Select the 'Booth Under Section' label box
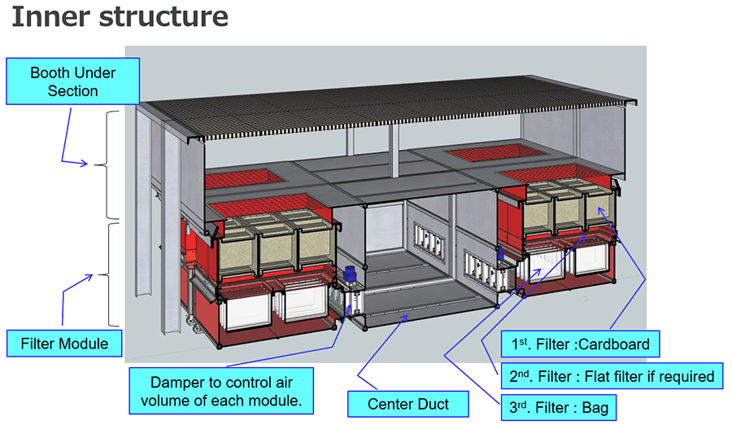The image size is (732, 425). [72, 81]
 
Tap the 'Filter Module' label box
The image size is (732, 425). [65, 344]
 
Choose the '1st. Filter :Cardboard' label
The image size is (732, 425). [579, 344]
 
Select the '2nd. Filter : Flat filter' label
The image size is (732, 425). [605, 376]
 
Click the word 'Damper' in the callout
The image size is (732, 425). [179, 381]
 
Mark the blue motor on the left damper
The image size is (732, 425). [351, 274]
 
